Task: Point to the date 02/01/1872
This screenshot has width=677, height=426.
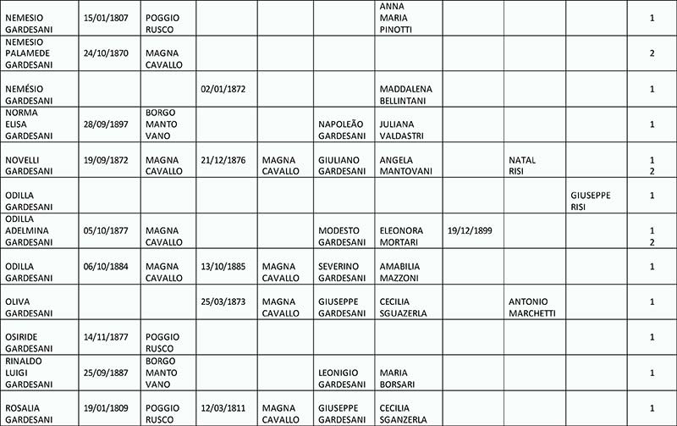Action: point(223,89)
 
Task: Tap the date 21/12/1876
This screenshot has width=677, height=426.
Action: point(223,159)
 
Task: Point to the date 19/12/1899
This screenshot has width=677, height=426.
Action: point(471,230)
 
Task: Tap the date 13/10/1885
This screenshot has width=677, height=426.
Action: point(223,266)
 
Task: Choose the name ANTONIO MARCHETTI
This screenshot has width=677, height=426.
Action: point(531,307)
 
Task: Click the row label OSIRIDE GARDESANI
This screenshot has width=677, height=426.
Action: point(27,343)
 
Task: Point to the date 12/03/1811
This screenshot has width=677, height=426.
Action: point(223,408)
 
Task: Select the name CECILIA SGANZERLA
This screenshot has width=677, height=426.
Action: point(403,414)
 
